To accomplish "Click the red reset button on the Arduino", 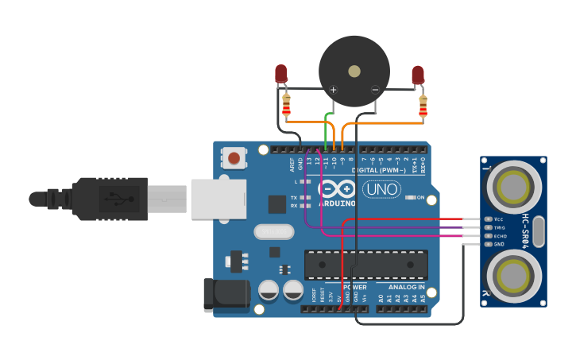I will pyautogui.click(x=234, y=157).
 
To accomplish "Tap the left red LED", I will pyautogui.click(x=281, y=74).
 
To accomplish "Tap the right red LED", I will pyautogui.click(x=418, y=75).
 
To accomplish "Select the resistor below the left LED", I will pyautogui.click(x=286, y=104).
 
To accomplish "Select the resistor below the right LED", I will pyautogui.click(x=423, y=106).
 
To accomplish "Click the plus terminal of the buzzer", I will pyautogui.click(x=333, y=90).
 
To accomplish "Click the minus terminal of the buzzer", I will pyautogui.click(x=375, y=90).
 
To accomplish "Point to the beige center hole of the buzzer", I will pyautogui.click(x=354, y=71).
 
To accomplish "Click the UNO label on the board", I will pyautogui.click(x=381, y=189).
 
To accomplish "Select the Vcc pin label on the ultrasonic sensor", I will pyautogui.click(x=498, y=219).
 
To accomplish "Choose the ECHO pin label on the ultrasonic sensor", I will pyautogui.click(x=500, y=236).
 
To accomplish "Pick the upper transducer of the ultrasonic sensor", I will pyautogui.click(x=512, y=187).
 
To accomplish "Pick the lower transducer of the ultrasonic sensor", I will pyautogui.click(x=512, y=276).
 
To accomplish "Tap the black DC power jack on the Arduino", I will pyautogui.click(x=226, y=295).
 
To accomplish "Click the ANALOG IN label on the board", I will pyautogui.click(x=406, y=287).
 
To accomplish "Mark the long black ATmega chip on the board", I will pyautogui.click(x=366, y=264).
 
